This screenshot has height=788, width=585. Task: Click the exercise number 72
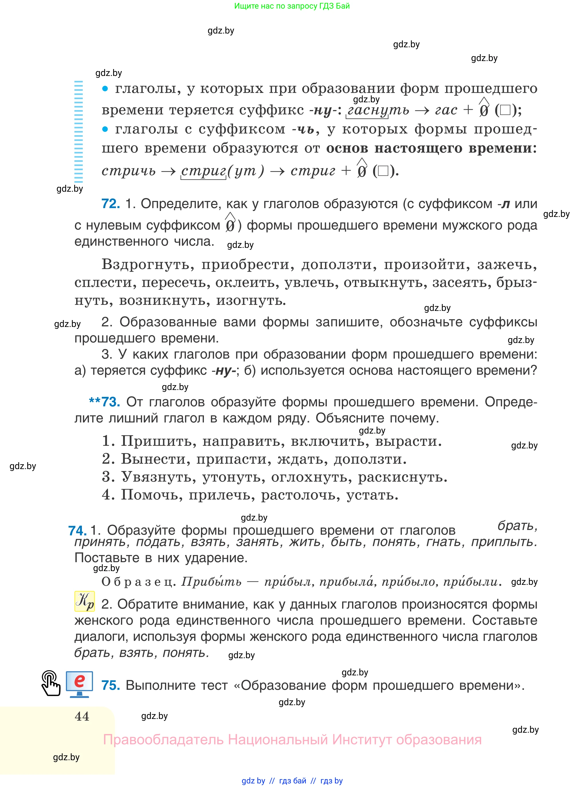point(111,204)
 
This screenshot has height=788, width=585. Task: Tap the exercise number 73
point(111,402)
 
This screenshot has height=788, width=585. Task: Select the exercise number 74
point(77,530)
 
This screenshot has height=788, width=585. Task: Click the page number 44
point(82,716)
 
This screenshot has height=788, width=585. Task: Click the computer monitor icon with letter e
point(79,684)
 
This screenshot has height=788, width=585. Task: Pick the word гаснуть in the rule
point(378,110)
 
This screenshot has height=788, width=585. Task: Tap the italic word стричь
point(129,171)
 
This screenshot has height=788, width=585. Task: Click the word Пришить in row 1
point(159,442)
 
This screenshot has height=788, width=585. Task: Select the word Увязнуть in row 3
point(159,477)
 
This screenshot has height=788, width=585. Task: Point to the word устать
point(372,495)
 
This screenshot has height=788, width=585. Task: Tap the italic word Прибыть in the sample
point(211,581)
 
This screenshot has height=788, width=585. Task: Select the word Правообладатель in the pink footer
point(163,740)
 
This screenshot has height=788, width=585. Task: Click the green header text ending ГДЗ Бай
point(292,6)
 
